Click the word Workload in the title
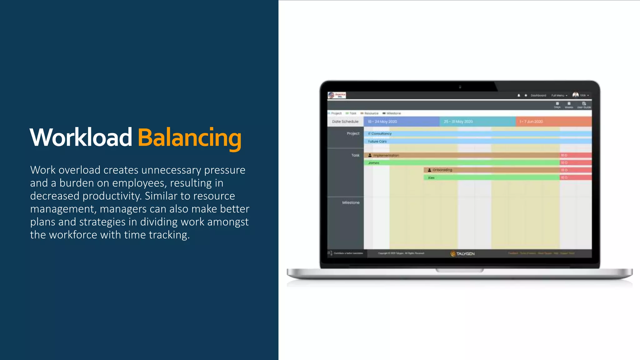81,137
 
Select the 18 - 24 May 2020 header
382,122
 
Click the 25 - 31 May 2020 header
458,122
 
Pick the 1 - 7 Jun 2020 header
531,122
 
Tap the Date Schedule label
345,122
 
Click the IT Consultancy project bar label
380,133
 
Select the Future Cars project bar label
377,141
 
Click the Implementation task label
386,155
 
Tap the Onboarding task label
442,170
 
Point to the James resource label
373,163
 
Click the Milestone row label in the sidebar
351,202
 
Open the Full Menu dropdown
559,95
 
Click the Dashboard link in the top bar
538,95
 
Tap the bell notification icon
519,95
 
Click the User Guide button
584,105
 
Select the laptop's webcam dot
460,87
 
